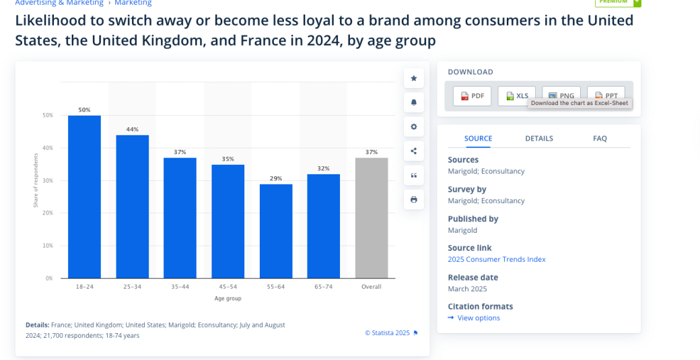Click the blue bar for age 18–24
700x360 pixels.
point(84,196)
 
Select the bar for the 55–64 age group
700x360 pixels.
point(276,231)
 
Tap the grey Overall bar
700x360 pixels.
point(372,217)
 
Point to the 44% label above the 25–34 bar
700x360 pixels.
point(133,129)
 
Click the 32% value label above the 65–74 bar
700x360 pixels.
point(324,168)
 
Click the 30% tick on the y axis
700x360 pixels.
point(48,180)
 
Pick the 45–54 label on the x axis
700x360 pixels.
point(228,287)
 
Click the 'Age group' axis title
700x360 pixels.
point(228,298)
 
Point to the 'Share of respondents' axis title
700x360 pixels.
point(36,180)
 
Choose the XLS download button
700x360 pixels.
point(516,96)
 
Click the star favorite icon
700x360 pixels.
point(413,78)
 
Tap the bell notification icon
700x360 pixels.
point(413,102)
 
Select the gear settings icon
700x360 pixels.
point(413,127)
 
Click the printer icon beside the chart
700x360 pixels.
point(413,199)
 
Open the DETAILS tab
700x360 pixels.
point(539,139)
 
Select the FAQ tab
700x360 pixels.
point(600,139)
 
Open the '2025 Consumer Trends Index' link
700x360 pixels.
point(496,260)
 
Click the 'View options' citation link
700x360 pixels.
point(478,318)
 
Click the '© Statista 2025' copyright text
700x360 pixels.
point(388,332)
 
